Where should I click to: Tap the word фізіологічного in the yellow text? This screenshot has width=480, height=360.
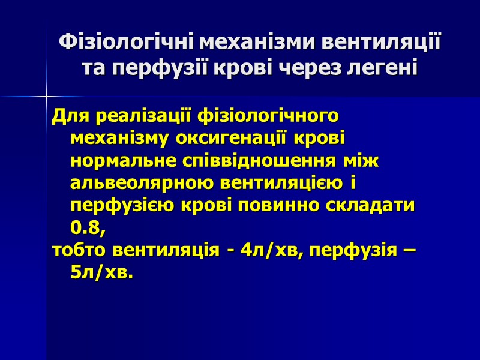[268, 114]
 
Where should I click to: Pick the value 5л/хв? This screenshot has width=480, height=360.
[100, 272]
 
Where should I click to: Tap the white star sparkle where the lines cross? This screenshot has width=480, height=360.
[46, 96]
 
